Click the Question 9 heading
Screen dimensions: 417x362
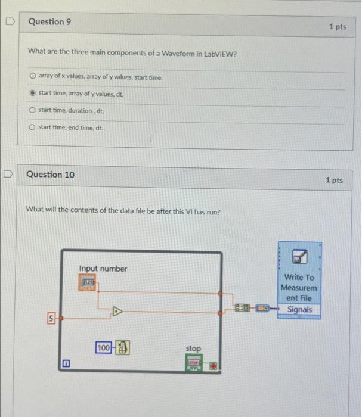[x=50, y=22]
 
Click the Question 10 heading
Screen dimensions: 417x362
[x=51, y=175]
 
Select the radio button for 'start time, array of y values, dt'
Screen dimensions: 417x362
[x=33, y=94]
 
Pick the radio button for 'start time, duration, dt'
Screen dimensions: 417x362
[x=33, y=110]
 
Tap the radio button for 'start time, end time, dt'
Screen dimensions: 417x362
[x=33, y=127]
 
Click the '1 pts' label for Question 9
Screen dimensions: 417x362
[x=337, y=27]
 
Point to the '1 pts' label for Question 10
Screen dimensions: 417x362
[x=335, y=180]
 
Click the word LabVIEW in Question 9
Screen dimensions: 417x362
[x=221, y=52]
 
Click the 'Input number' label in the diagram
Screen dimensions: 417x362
[x=103, y=269]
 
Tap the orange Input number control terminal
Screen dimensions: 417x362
[x=88, y=282]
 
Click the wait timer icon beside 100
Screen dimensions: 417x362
[x=122, y=347]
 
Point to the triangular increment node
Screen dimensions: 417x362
[x=118, y=310]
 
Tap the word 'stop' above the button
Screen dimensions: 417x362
[x=193, y=348]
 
